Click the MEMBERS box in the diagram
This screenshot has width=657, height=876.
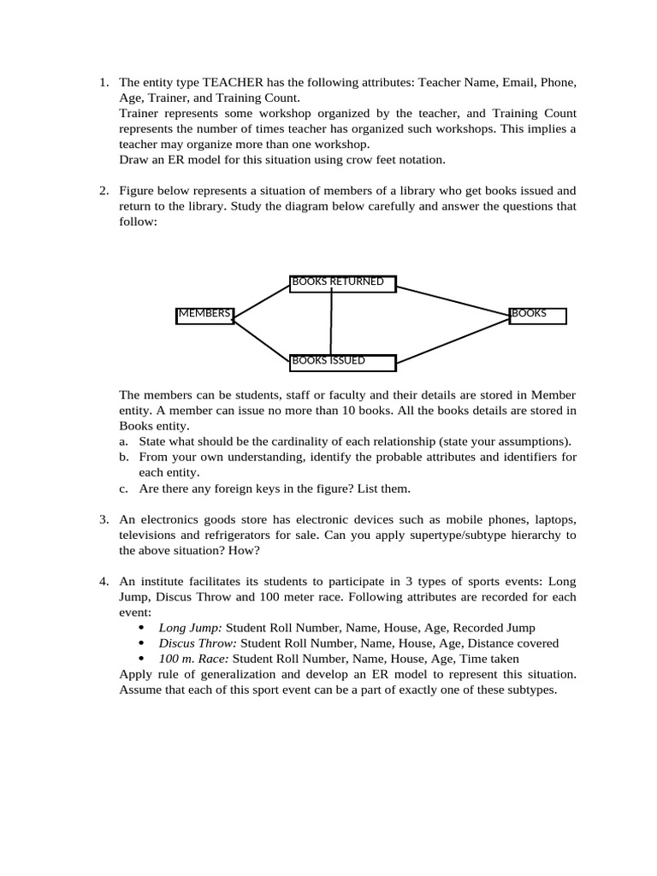pos(204,315)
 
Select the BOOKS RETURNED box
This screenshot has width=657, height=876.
pos(342,283)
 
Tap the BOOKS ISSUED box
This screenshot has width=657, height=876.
pos(342,363)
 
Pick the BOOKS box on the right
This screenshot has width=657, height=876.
pos(538,315)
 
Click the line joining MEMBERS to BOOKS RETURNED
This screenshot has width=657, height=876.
pos(262,299)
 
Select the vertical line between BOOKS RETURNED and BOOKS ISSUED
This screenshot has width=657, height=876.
pos(331,323)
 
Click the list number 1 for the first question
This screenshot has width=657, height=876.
pos(103,83)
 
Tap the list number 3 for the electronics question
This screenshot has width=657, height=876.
pos(103,520)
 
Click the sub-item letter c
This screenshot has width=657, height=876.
pos(124,488)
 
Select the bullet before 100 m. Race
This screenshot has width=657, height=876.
pos(142,659)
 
